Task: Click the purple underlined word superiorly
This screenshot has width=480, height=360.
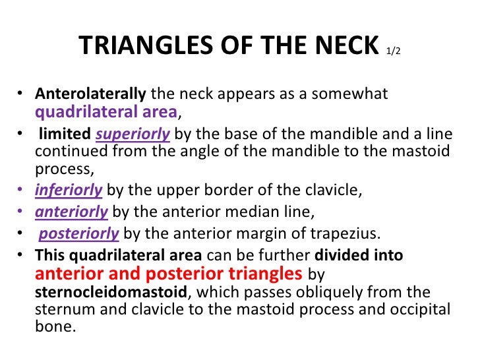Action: coord(133,135)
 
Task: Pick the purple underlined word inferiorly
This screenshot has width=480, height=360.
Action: coord(69,191)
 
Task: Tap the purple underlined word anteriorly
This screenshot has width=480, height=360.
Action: coord(71,212)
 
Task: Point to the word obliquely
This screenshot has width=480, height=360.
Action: coord(309,291)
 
